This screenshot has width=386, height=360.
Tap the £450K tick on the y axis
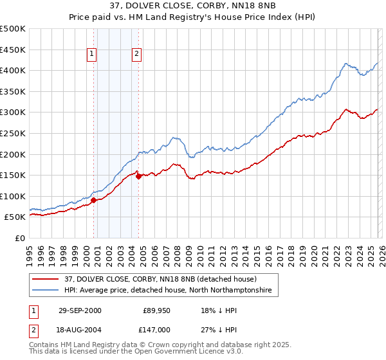(13, 50)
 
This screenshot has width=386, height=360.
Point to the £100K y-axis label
(13, 196)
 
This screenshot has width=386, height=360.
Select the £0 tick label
(21, 238)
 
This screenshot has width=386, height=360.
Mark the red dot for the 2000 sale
(94, 200)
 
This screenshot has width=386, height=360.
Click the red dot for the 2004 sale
(138, 176)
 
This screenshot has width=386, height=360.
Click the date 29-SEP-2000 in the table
(80, 310)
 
